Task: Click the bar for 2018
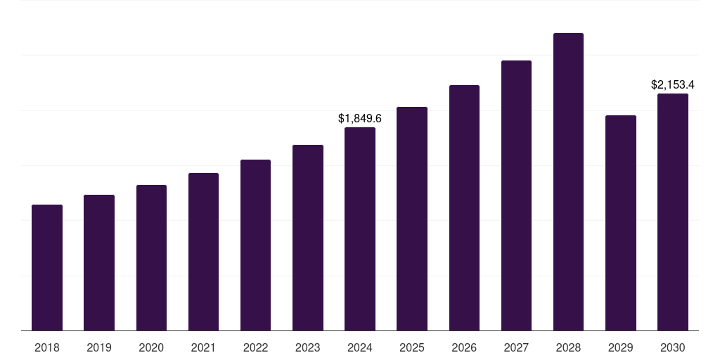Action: [x=47, y=267]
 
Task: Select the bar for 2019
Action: [x=99, y=262]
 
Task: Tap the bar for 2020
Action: [x=151, y=257]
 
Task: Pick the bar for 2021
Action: [x=203, y=252]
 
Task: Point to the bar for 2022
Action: [x=255, y=245]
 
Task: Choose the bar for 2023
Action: [x=308, y=238]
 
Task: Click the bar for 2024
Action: [x=360, y=229]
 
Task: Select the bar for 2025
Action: [x=412, y=219]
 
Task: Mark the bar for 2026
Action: [x=464, y=207]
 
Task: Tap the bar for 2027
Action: [x=516, y=195]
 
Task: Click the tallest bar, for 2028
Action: [x=568, y=181]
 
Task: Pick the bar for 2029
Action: [x=621, y=223]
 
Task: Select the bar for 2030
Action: [x=673, y=212]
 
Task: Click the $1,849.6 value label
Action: [x=360, y=118]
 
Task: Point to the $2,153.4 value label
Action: [x=673, y=84]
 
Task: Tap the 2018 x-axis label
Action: [x=47, y=347]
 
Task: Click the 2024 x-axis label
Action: [x=360, y=347]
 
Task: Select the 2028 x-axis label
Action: [x=568, y=347]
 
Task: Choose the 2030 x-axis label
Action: [x=673, y=347]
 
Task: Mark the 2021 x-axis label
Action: [x=203, y=347]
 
